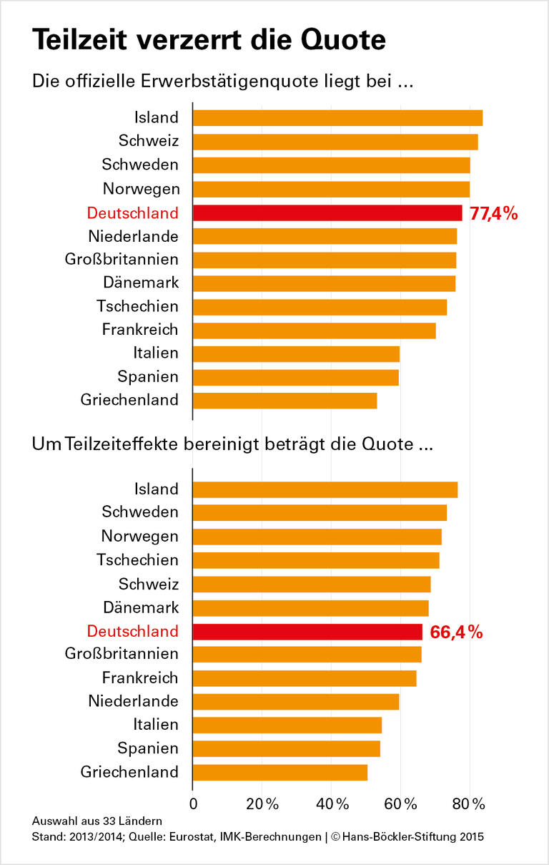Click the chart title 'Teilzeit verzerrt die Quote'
(x=209, y=39)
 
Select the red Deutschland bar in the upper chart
(x=327, y=212)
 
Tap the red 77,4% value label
(x=493, y=213)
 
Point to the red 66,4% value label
(x=456, y=632)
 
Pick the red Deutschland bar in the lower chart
(x=307, y=632)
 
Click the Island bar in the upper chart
(x=337, y=118)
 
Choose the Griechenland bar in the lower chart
(x=280, y=772)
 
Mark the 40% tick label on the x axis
(x=332, y=803)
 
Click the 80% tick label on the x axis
(x=470, y=803)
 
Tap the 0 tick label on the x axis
(x=194, y=803)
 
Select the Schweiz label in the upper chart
(x=149, y=141)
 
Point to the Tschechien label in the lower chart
(x=138, y=560)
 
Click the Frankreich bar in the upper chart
(x=314, y=330)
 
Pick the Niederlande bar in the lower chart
(x=296, y=701)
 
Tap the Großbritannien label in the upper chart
(x=122, y=259)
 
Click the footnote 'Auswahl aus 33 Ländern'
(x=97, y=820)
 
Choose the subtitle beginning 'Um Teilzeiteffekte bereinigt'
(x=232, y=444)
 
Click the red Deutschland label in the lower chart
(x=132, y=632)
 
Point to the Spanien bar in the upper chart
(x=296, y=376)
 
